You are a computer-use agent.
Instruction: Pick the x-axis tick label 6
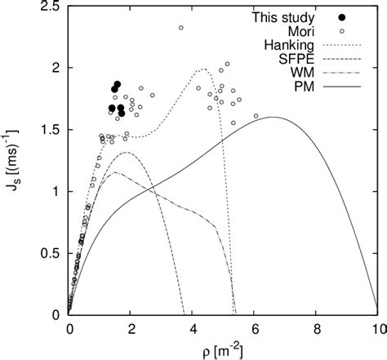click(x=254, y=328)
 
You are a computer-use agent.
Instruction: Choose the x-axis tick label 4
click(x=192, y=328)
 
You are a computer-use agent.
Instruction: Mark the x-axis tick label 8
click(x=315, y=328)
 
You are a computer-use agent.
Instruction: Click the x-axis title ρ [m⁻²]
click(x=222, y=349)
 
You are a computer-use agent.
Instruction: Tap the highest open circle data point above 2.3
click(x=180, y=28)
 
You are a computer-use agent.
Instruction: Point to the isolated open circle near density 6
click(x=256, y=116)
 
